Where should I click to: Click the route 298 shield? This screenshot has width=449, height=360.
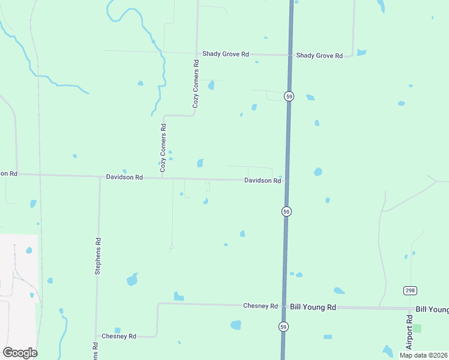410,290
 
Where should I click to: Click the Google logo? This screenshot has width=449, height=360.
20,353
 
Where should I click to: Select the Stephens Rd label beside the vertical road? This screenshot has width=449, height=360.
97,256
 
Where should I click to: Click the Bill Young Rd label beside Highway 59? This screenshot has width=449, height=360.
312,307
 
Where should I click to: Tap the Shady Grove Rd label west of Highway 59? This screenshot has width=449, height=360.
225,54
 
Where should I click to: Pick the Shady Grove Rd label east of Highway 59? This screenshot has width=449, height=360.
319,56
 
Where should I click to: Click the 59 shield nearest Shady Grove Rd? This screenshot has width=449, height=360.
289,96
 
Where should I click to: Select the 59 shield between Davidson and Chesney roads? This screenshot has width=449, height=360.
286,211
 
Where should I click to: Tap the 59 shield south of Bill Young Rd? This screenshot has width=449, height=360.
283,326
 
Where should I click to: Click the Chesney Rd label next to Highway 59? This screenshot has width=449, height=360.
261,306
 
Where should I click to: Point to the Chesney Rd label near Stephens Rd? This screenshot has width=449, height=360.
119,336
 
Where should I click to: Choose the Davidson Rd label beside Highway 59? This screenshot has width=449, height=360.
262,181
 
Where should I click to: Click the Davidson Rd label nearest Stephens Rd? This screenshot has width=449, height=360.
124,178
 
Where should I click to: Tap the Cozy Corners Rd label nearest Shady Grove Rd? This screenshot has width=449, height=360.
196,84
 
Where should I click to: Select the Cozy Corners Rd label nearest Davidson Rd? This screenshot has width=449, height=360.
163,148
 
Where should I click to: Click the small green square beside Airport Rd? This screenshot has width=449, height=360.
417,328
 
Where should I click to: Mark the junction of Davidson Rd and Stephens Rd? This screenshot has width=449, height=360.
100,177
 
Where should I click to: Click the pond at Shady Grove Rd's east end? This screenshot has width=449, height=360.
361,52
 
